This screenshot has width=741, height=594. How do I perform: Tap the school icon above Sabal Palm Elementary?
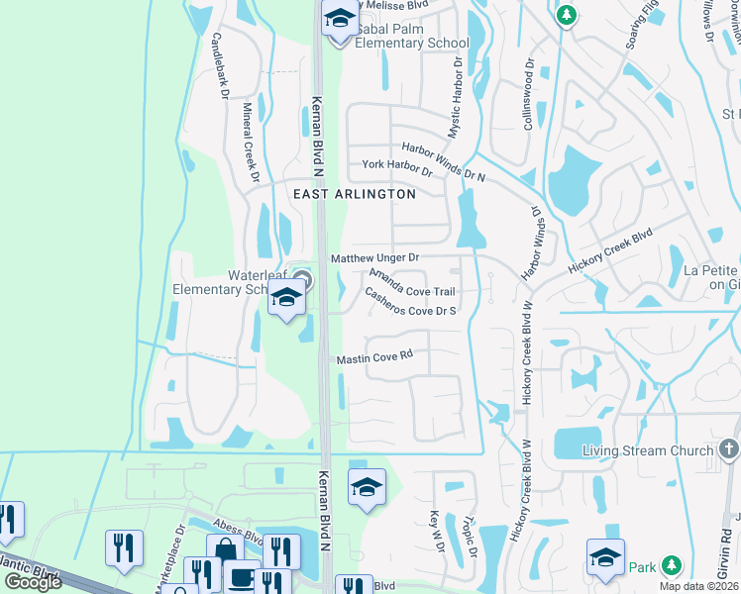click(x=340, y=20)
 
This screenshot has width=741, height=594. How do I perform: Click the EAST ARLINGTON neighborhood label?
click(x=355, y=195)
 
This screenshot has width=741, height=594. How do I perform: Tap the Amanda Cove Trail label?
click(x=413, y=284)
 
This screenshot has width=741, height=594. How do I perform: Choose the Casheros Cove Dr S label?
click(x=409, y=304)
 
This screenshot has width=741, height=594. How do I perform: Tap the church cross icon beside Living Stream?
click(x=730, y=450)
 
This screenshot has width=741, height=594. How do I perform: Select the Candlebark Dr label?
click(x=220, y=67)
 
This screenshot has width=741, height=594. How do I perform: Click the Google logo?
click(x=33, y=582)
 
